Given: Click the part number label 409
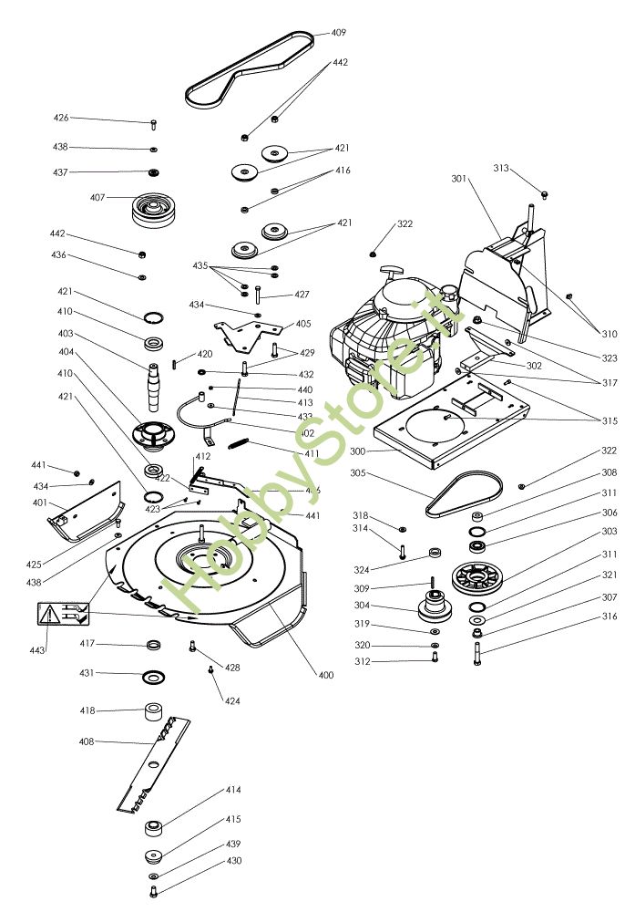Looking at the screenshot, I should click(338, 33).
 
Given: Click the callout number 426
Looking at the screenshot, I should click(61, 118).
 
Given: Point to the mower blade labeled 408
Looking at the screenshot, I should click(155, 762).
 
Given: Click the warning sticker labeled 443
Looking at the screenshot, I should click(62, 613).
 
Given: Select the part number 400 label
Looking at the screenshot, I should click(325, 675).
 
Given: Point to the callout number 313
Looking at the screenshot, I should click(501, 168).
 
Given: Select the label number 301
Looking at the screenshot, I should click(458, 179).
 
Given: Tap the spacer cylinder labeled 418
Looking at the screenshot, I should click(153, 710).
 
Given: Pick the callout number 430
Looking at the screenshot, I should click(234, 861).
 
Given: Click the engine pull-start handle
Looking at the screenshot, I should click(394, 272).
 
